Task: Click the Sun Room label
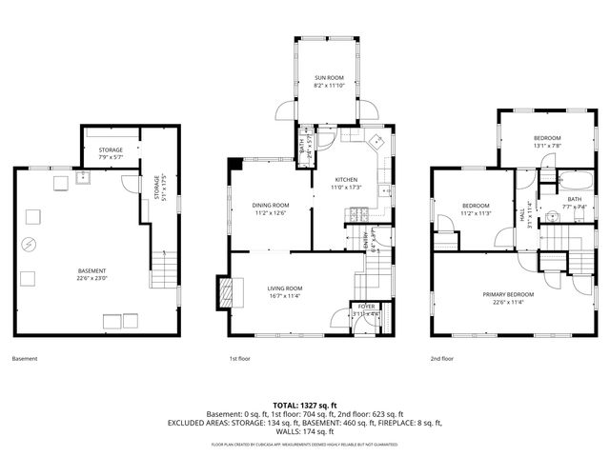[329, 81]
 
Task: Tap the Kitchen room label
[345, 183]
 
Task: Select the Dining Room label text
[271, 209]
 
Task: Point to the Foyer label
[366, 309]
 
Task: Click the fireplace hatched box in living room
[225, 293]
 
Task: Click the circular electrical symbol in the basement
[30, 244]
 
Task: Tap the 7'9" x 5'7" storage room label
[111, 153]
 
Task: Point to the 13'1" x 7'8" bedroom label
[547, 142]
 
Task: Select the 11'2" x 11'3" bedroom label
[476, 209]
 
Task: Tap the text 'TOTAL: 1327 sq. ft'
[304, 405]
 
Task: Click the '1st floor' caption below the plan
[239, 359]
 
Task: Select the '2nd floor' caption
[440, 359]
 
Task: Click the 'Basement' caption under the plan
[25, 359]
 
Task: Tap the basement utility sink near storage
[84, 177]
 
